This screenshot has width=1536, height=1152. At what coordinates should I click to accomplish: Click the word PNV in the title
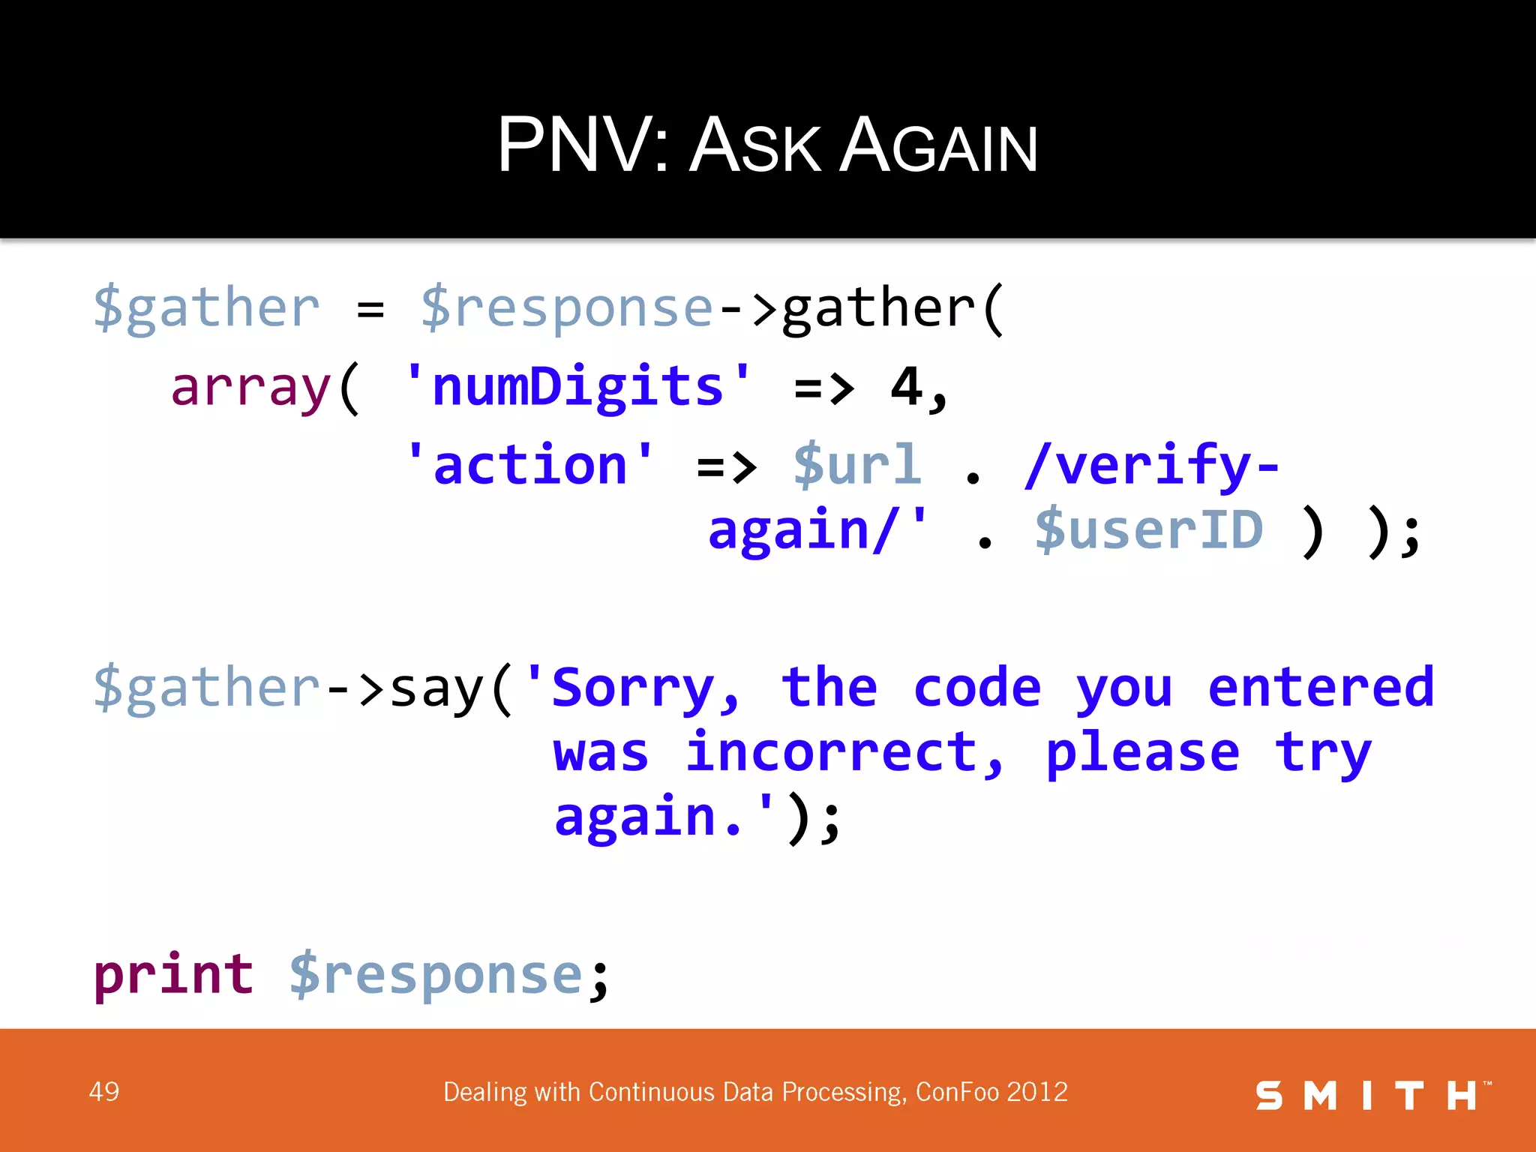[x=573, y=145]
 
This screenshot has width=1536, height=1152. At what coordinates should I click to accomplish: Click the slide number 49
[x=103, y=1091]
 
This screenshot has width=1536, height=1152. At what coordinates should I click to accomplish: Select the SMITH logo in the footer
[x=1372, y=1095]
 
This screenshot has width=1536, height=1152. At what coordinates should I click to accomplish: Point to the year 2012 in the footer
[x=1037, y=1091]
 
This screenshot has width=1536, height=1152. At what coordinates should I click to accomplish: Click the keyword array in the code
[x=250, y=388]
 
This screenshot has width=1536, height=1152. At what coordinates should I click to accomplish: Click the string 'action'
[x=529, y=465]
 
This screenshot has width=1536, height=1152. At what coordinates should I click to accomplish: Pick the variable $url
[x=857, y=465]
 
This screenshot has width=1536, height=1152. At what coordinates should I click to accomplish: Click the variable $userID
[x=1149, y=530]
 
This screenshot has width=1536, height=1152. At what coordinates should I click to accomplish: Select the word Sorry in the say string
[x=633, y=688]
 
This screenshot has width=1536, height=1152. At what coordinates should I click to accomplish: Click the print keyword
[x=174, y=974]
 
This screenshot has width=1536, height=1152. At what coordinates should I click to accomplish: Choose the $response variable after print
[x=436, y=976]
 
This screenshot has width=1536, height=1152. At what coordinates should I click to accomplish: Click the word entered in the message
[x=1321, y=688]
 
